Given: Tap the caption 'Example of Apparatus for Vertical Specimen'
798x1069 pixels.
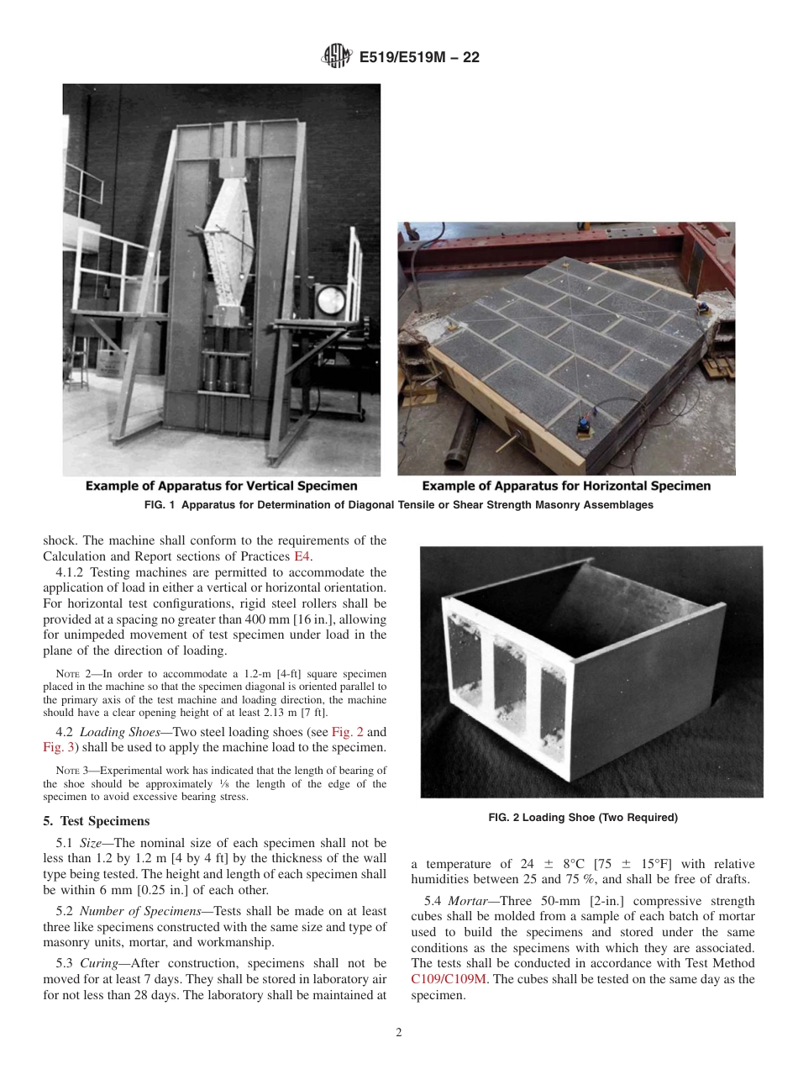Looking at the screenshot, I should [x=221, y=486].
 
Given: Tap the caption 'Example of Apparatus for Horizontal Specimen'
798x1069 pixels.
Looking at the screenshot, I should [x=565, y=486].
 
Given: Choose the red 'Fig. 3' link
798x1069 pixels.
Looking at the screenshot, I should [x=58, y=747].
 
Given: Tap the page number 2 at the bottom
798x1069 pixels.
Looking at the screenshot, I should [x=399, y=1033].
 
